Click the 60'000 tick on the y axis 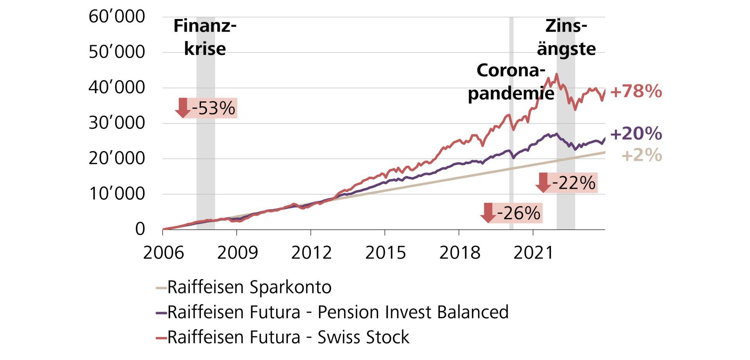(x=116, y=17)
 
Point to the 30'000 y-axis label (x=116, y=123)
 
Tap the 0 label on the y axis (x=140, y=229)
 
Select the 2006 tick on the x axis (x=163, y=253)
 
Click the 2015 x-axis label (x=385, y=253)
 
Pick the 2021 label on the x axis (x=533, y=253)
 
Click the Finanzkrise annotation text (x=205, y=38)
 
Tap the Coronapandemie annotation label (x=511, y=82)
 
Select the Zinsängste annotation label (x=566, y=38)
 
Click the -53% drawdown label (x=213, y=108)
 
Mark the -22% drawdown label (x=573, y=183)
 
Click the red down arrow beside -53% (x=182, y=108)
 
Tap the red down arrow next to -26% (x=488, y=213)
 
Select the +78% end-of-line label (x=636, y=91)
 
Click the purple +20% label (x=636, y=134)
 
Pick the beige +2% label (x=641, y=155)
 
